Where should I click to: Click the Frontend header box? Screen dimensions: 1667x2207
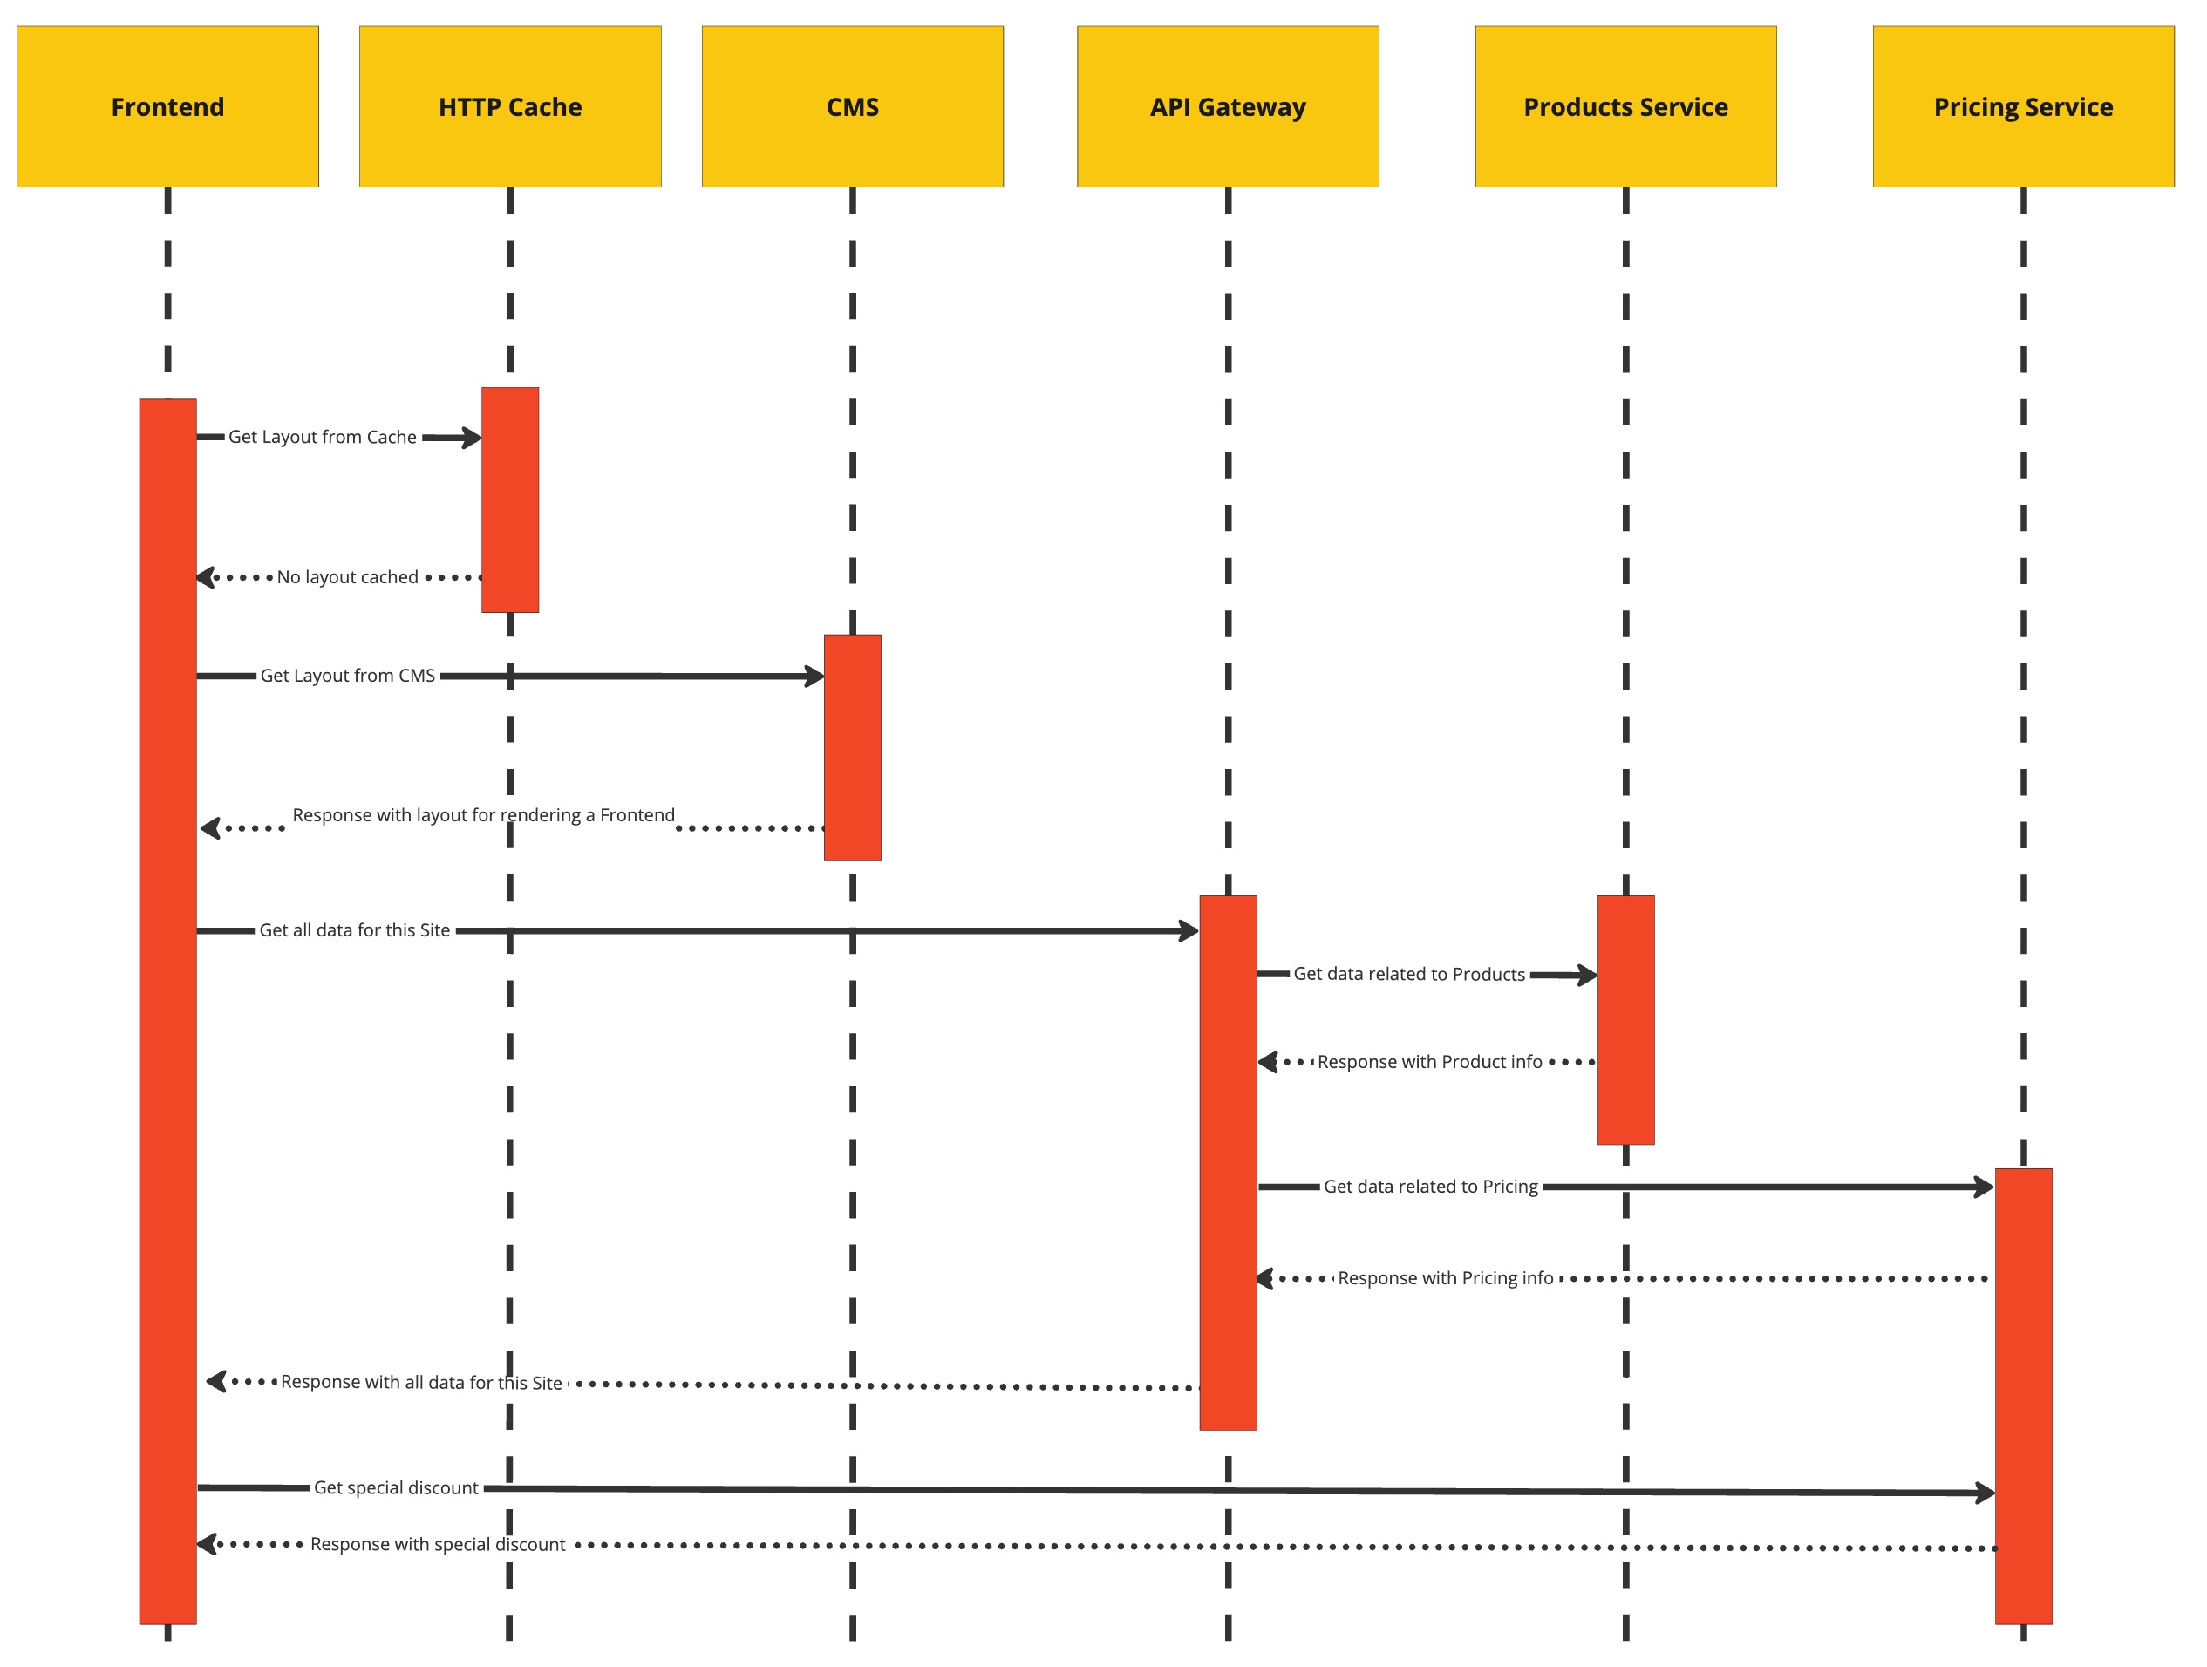(167, 106)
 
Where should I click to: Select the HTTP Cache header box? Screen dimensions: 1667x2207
(510, 106)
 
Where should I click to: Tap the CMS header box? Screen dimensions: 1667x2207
(852, 106)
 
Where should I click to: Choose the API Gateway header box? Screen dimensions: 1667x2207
(1227, 106)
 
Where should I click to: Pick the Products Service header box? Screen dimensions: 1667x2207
(1625, 106)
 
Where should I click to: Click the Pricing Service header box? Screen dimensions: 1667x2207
(2022, 106)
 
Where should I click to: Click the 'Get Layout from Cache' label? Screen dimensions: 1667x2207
(323, 437)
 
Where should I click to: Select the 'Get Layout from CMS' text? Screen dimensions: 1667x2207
(347, 676)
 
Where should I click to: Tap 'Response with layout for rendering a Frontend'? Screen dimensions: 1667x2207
(483, 815)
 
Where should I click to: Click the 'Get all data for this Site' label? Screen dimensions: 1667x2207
(354, 929)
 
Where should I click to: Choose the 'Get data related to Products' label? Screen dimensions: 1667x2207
(1409, 974)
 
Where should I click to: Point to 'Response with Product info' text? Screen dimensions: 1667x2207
(1429, 1061)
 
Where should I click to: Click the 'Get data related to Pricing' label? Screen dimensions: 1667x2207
(1430, 1186)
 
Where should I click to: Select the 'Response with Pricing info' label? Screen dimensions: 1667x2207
(1445, 1278)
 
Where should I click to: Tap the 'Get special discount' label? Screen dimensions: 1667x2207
(396, 1487)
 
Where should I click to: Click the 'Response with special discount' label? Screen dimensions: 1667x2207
(437, 1544)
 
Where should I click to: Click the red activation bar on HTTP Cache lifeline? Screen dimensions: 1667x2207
(510, 499)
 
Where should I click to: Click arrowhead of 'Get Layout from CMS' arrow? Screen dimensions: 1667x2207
(815, 677)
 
